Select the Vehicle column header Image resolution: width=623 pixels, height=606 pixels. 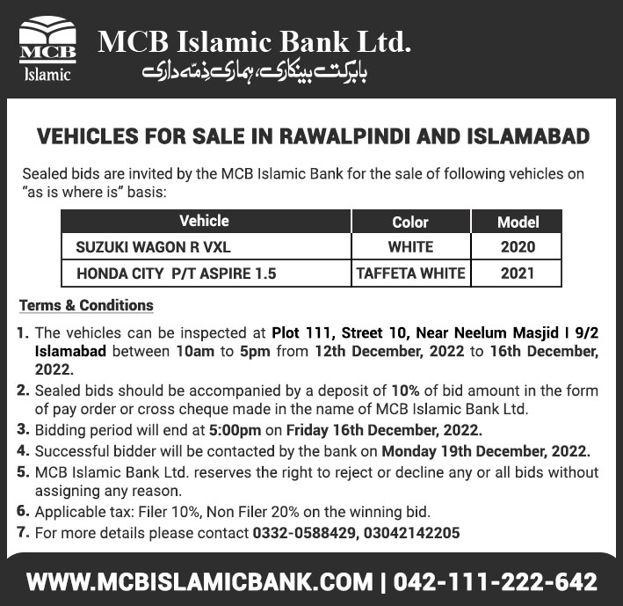(204, 221)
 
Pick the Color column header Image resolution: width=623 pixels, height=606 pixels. (410, 223)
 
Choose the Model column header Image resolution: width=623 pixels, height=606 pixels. (518, 223)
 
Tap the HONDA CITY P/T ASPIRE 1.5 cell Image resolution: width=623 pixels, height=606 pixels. (177, 274)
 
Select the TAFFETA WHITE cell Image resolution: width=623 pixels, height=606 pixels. (410, 274)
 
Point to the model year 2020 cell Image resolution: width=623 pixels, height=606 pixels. (518, 247)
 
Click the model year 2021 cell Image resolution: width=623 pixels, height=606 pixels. (518, 274)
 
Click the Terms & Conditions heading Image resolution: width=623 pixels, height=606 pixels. (86, 306)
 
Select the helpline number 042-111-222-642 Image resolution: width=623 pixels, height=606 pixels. (495, 581)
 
